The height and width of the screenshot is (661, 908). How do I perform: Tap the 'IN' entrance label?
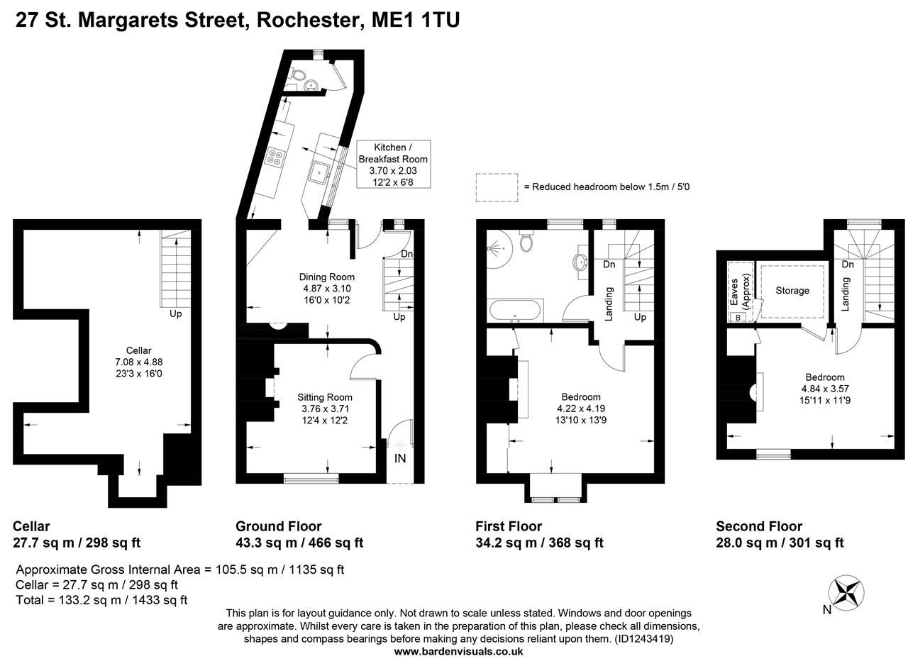[x=400, y=458]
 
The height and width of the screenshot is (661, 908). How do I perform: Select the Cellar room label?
[x=138, y=350]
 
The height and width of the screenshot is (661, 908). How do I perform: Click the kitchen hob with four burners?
[x=275, y=157]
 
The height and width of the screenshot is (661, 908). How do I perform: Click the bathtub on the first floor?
[x=516, y=310]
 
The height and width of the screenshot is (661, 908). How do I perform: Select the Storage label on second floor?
[x=792, y=291]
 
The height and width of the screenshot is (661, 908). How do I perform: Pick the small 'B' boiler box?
[x=738, y=317]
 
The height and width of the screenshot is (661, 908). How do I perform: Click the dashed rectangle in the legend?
[x=497, y=187]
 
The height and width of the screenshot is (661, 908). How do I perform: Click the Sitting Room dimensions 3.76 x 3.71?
[x=324, y=409]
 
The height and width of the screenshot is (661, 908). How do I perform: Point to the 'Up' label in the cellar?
[x=176, y=313]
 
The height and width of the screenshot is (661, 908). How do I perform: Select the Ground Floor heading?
[x=278, y=526]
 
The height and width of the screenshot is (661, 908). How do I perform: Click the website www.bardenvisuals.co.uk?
[x=458, y=650]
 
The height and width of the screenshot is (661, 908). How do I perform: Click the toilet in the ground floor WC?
[x=299, y=75]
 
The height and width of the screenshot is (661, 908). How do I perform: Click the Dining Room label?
[x=326, y=277]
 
